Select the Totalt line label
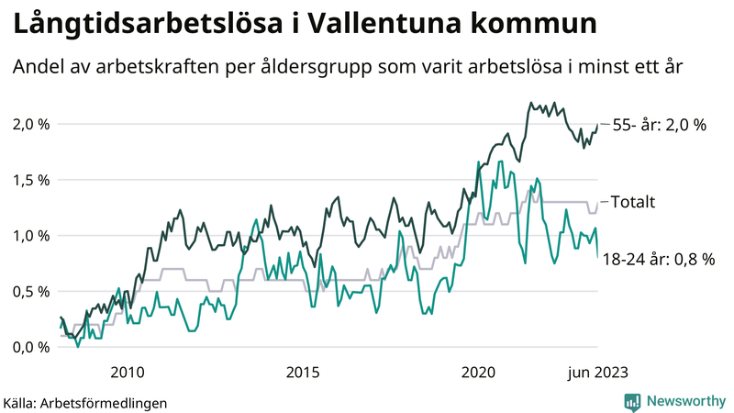pyautogui.click(x=632, y=202)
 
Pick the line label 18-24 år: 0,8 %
pyautogui.click(x=658, y=260)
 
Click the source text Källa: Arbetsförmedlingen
pyautogui.click(x=85, y=402)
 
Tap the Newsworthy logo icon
pyautogui.click(x=632, y=401)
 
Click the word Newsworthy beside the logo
pyautogui.click(x=685, y=401)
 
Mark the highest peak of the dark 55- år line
pyautogui.click(x=531, y=103)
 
